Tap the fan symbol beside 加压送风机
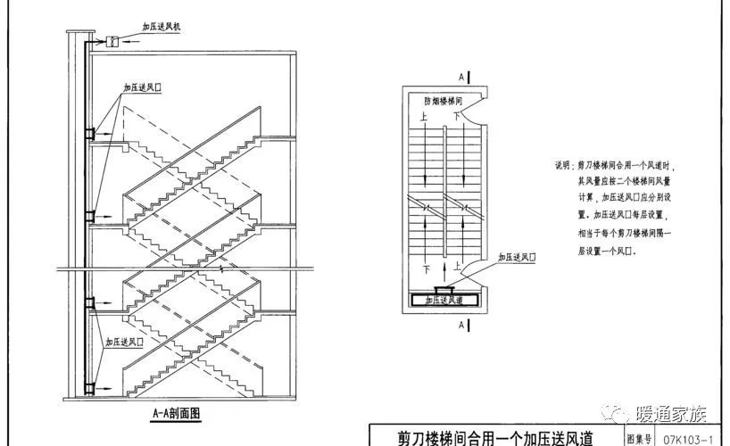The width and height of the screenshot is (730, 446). tap(113, 41)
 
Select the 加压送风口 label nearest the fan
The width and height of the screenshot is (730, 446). tap(143, 89)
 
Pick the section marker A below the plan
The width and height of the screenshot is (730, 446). tap(460, 326)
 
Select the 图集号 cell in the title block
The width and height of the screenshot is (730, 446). tap(641, 438)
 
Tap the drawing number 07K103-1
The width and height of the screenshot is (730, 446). tap(693, 438)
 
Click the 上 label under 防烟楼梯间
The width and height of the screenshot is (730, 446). tap(424, 117)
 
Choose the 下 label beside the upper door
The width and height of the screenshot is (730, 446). tap(458, 117)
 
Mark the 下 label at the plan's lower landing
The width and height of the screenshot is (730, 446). tap(427, 268)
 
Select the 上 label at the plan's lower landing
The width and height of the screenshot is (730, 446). tap(456, 266)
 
